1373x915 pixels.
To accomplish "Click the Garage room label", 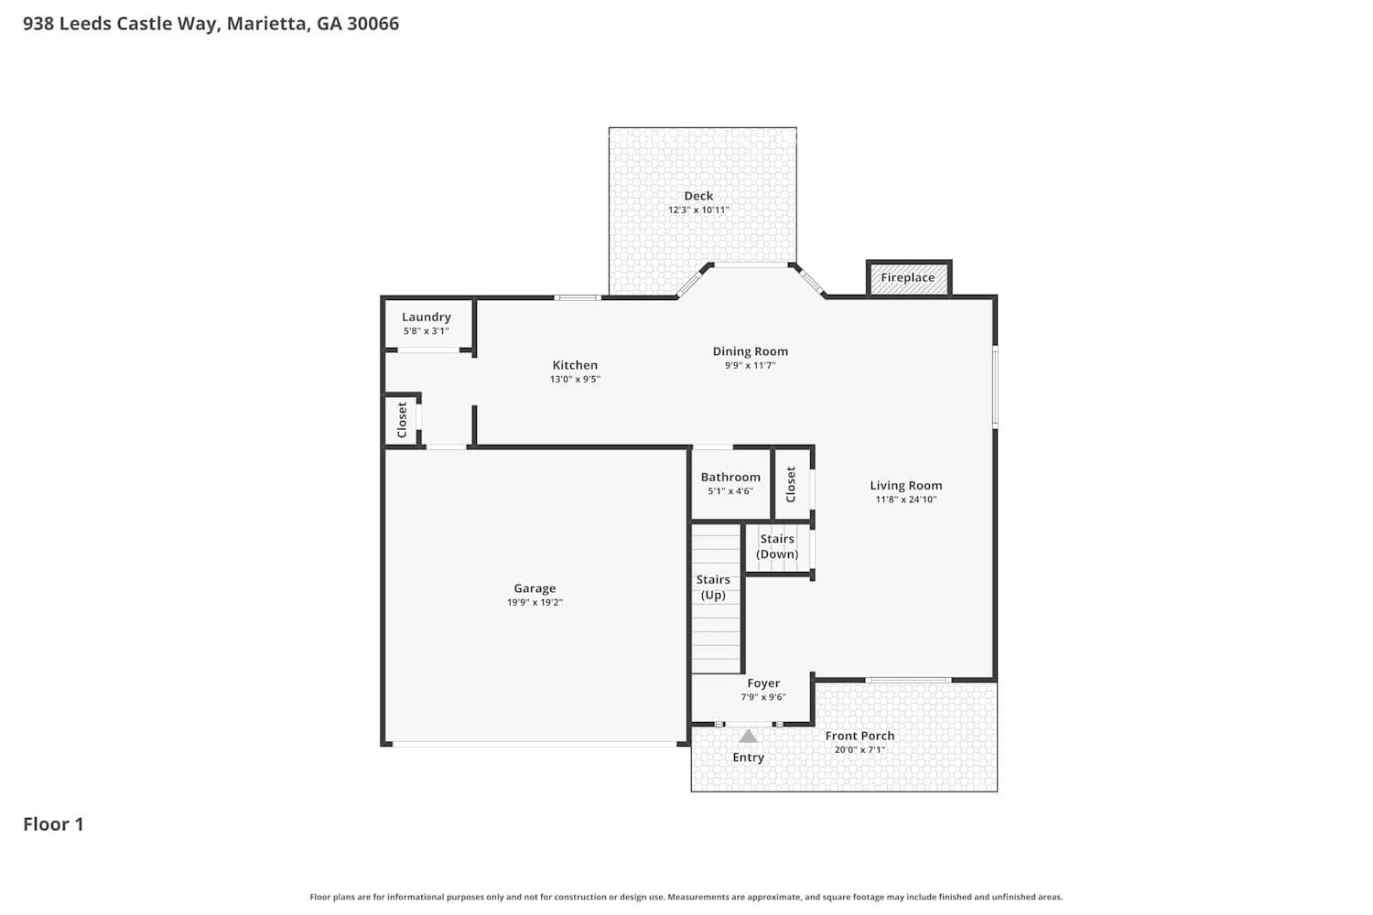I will tap(535, 588).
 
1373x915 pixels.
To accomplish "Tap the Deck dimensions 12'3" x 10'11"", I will tap(697, 210).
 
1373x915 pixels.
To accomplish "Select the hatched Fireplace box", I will tap(908, 278).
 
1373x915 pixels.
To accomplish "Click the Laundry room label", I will tap(427, 317).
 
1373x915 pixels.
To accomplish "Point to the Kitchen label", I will tap(575, 365).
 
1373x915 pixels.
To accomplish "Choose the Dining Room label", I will tap(750, 351).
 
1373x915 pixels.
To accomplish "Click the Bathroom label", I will tap(730, 477).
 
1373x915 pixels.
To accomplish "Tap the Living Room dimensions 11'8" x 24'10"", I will tap(905, 500).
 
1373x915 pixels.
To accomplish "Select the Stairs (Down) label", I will tap(777, 546).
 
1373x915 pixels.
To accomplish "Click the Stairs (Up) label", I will tap(713, 587).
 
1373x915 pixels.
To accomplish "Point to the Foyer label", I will tap(763, 683).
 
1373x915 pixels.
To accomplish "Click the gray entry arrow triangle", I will tap(748, 736).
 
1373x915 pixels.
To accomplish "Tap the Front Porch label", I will tap(859, 736).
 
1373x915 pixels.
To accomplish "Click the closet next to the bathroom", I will tap(792, 484).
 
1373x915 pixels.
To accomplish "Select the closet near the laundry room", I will tap(402, 420).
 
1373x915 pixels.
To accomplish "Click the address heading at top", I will tap(211, 24).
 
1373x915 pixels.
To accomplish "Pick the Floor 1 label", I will tap(53, 823).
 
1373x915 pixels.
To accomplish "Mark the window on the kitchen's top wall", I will tap(578, 297).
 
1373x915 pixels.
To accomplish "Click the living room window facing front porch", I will tap(908, 680).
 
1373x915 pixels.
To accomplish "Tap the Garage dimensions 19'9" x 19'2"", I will tap(535, 602).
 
